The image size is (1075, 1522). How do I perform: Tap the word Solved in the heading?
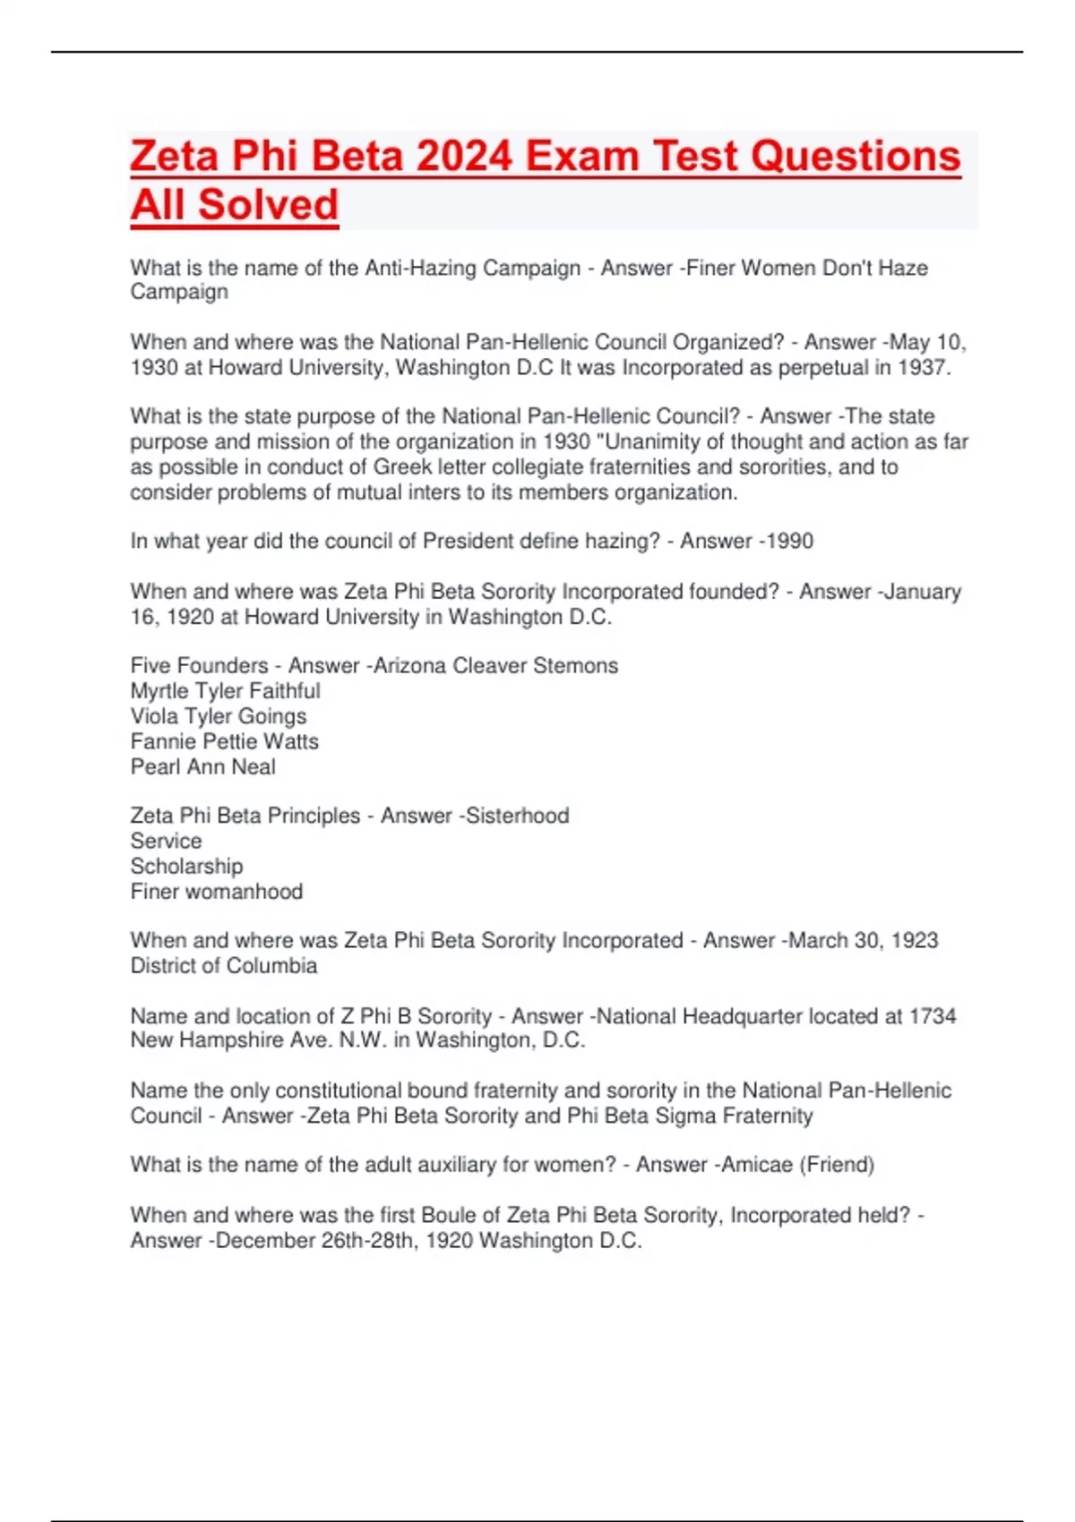[268, 205]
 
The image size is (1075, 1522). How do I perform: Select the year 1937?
[923, 367]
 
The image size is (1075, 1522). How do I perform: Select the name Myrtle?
[159, 690]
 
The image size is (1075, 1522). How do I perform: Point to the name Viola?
[153, 716]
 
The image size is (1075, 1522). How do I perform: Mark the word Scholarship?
[186, 866]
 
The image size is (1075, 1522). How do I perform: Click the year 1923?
[915, 940]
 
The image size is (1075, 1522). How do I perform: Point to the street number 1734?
[933, 1016]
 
